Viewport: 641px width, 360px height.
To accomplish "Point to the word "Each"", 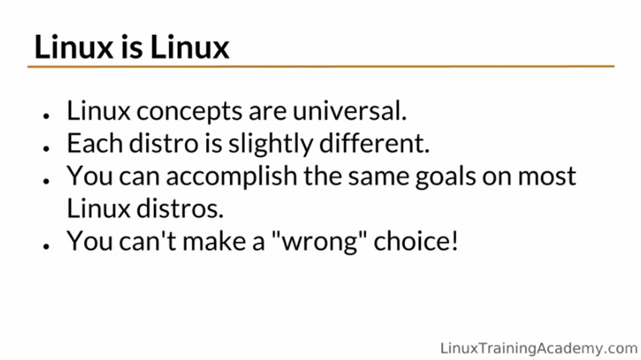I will tap(91, 143).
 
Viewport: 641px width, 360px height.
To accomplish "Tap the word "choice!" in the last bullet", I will tap(416, 241).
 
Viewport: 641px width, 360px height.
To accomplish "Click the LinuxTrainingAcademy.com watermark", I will tap(539, 348).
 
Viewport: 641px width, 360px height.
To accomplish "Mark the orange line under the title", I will tap(320, 67).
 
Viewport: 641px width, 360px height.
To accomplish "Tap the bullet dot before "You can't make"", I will tap(47, 245).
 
